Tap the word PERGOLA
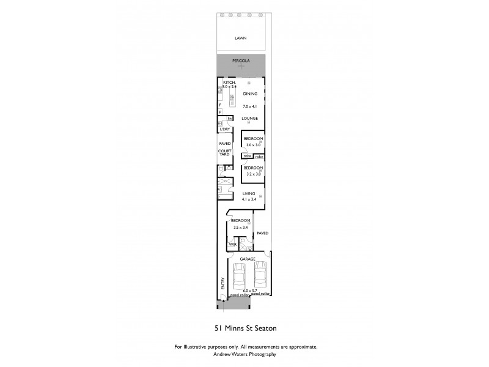point(241,62)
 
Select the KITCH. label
point(229,82)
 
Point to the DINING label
point(250,94)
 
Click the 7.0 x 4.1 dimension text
point(250,106)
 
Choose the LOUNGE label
point(249,118)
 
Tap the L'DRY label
point(225,130)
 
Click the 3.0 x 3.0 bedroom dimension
point(253,145)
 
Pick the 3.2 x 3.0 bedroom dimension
point(253,174)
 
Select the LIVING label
point(248,193)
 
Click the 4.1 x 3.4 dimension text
point(249,199)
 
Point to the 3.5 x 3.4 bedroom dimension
point(240,228)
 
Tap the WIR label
point(232,244)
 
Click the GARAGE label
point(248,259)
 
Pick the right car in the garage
point(260,275)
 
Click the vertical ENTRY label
point(222,284)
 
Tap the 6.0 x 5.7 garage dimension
point(250,291)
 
